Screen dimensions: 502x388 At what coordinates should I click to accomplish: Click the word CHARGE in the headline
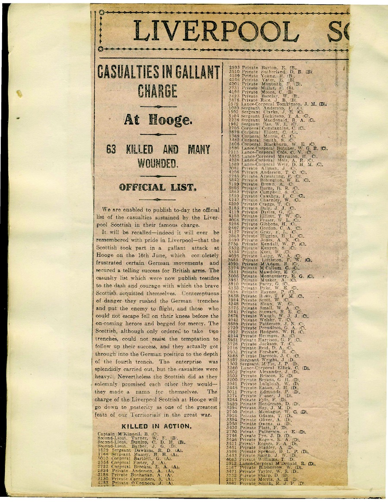coord(157,91)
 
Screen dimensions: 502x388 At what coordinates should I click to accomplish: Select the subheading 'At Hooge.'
coord(157,119)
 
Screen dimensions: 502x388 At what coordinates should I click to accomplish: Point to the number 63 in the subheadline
coord(111,150)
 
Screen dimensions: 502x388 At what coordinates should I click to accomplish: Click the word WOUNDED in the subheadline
coord(157,164)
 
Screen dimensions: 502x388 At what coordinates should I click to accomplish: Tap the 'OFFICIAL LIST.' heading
coord(157,188)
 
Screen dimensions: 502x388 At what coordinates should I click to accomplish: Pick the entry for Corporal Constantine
coord(267,128)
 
